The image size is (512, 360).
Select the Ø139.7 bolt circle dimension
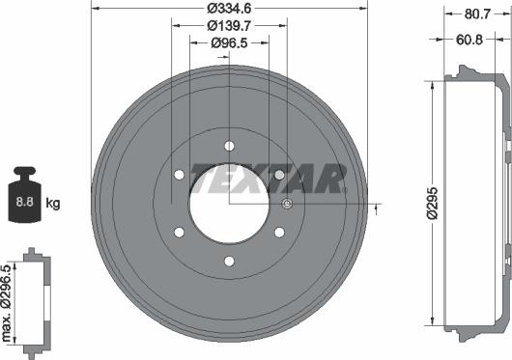(x=229, y=26)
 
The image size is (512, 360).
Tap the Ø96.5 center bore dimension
(x=229, y=42)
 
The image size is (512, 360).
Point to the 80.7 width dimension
(x=474, y=14)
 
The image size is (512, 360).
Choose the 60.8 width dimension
(x=469, y=41)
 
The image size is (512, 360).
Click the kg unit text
(x=54, y=204)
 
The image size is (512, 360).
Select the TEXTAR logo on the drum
(x=268, y=179)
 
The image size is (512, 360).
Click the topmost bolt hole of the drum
(x=229, y=146)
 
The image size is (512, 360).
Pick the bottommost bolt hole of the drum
(x=229, y=262)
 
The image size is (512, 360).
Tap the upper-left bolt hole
(x=179, y=175)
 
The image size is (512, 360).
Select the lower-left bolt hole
(x=179, y=233)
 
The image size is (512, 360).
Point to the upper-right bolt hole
(x=279, y=175)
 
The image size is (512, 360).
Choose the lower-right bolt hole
(x=279, y=233)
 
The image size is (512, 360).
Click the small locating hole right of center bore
(x=286, y=204)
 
